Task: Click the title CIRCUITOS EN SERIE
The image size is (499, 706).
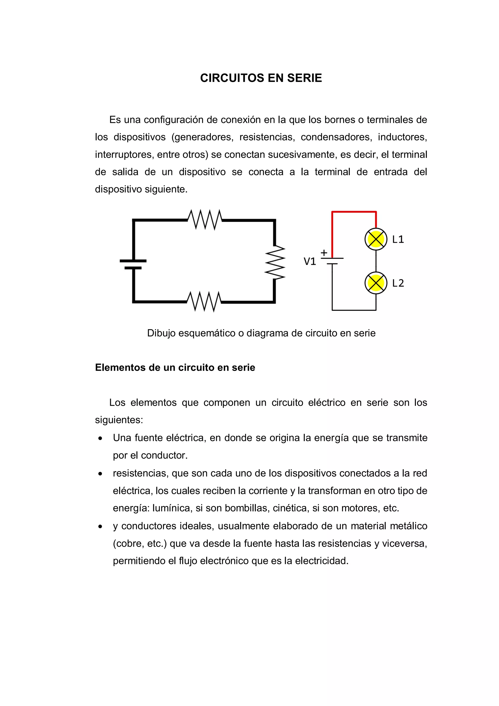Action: coord(261,78)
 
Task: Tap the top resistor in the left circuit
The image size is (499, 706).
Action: coord(205,220)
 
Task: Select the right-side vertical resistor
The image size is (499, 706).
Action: coord(275,262)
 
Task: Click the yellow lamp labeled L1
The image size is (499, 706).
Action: coord(376,239)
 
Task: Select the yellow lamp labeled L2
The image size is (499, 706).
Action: coord(376,283)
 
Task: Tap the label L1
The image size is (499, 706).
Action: coord(398,239)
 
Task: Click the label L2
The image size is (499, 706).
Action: coord(398,283)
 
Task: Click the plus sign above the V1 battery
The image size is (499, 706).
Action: coord(324,253)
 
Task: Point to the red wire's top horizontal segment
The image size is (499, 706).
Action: coord(354,212)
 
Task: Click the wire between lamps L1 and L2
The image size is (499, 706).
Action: coord(376,261)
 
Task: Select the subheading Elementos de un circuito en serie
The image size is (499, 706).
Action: coord(175,368)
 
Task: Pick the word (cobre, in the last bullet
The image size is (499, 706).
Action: coord(127,544)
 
